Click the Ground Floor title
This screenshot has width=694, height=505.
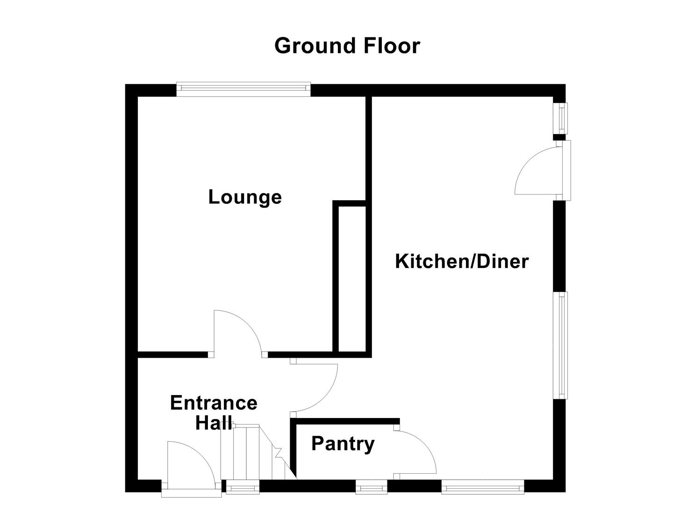[x=347, y=46]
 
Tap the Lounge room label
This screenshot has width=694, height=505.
[x=245, y=197]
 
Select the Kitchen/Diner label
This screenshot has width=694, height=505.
[x=461, y=261]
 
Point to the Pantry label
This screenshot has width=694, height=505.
[x=343, y=443]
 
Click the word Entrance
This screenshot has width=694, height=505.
[x=214, y=403]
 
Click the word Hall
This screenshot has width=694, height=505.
[x=214, y=423]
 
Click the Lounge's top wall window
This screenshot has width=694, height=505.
[x=243, y=89]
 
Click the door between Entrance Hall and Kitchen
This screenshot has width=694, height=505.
[x=315, y=388]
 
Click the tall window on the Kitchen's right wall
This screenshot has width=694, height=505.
[x=560, y=345]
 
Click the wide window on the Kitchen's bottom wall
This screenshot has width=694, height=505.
[x=483, y=488]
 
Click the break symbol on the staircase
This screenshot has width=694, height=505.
[x=278, y=453]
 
